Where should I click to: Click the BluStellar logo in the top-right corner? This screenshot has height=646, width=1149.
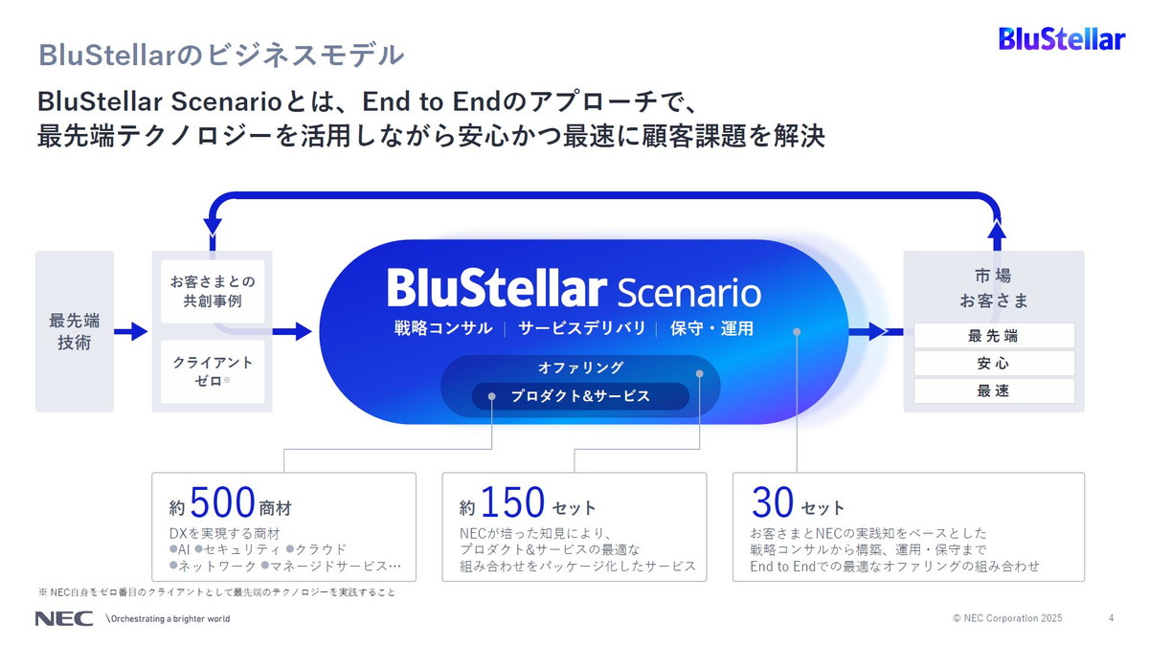coord(1061,39)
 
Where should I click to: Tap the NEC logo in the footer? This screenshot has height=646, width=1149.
coord(64,618)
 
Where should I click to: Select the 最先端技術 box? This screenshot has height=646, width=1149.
coord(75,331)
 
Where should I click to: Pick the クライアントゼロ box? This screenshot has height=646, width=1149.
coord(213,371)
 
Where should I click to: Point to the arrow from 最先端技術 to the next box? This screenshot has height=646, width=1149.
coord(131,332)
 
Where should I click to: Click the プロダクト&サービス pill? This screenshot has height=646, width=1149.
coord(580,396)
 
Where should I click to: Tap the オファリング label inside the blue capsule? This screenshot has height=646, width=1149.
coord(580,368)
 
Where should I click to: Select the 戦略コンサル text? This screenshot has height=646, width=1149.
coord(442,328)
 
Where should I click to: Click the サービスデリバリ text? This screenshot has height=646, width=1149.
coord(581,328)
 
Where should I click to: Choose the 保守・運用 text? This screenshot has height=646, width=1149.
coord(711,328)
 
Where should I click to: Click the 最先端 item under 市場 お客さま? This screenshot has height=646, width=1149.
coord(993,336)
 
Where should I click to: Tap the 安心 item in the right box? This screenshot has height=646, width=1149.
coord(993,364)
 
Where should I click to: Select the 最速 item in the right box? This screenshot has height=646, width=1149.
coord(993,390)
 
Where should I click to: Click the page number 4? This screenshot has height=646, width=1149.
coord(1111,618)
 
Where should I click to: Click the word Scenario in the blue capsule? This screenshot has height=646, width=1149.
coord(689,291)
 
